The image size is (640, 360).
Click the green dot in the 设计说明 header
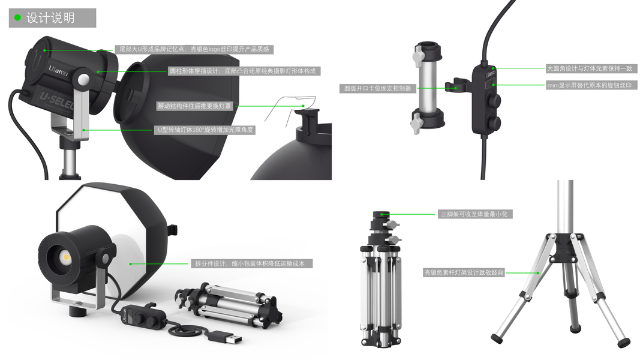[17, 17]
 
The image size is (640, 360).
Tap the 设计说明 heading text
[50, 18]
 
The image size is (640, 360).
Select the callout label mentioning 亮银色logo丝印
[194, 49]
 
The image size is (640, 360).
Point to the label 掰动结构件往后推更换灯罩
[194, 106]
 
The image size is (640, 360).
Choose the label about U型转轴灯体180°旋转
[205, 130]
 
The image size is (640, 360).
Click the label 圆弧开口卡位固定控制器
[377, 88]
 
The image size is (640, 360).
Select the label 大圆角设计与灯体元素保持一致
[590, 68]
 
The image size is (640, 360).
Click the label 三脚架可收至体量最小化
[474, 214]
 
